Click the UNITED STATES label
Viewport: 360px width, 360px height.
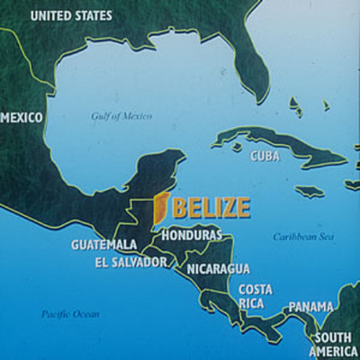tap(72, 15)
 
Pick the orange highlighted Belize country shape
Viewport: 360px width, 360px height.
tap(159, 208)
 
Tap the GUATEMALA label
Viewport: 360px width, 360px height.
tap(104, 244)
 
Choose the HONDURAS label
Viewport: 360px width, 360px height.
tap(192, 235)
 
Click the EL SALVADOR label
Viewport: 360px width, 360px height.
tap(131, 262)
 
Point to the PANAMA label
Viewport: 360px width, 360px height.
tap(310, 307)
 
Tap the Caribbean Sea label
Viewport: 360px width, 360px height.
tap(302, 237)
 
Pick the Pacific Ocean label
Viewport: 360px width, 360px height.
tap(70, 313)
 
